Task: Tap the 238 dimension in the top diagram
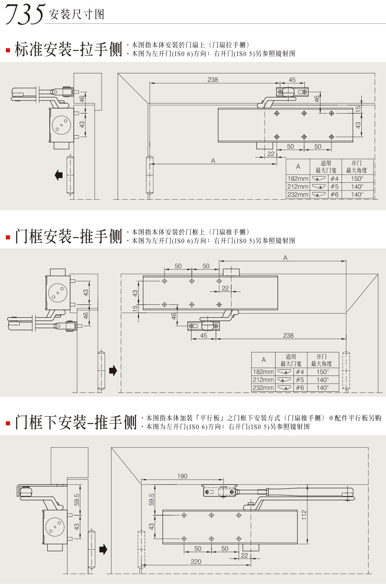coord(213,80)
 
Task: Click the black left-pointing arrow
coord(59,175)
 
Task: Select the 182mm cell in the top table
coord(298,178)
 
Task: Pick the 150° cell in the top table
coord(357,178)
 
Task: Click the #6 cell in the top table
coord(334,195)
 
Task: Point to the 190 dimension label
coord(182,476)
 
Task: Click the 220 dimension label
coord(196,562)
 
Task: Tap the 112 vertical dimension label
coord(304,515)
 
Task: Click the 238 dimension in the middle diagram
coord(288,335)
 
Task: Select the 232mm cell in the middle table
coord(263,388)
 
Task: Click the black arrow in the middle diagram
coord(113,371)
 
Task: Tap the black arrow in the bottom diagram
coord(103,549)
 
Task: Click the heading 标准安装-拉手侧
coord(68,49)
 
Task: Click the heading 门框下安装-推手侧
coord(76,422)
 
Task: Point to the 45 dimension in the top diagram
coord(292,80)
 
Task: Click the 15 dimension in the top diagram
coord(358,109)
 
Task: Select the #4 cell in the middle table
coord(300,372)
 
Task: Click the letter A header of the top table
coord(298,167)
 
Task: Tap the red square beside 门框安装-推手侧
coord(8,237)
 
